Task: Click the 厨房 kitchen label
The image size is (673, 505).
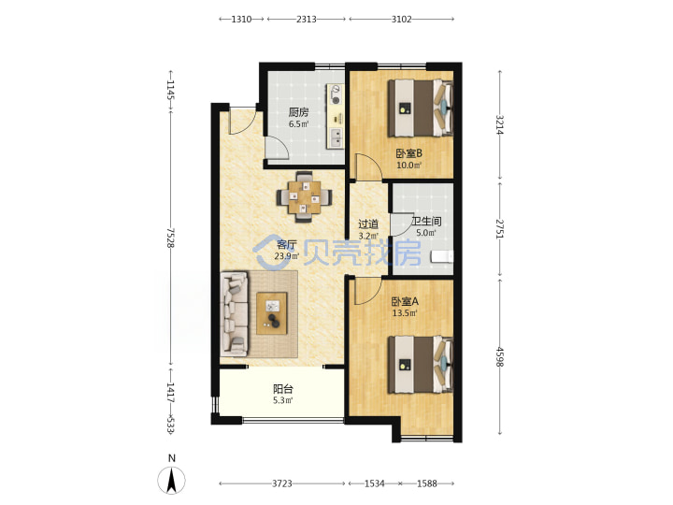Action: (298, 112)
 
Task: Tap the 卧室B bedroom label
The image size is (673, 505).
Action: (408, 152)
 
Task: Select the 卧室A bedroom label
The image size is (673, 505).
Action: (405, 301)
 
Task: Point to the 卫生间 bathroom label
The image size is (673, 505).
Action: (426, 221)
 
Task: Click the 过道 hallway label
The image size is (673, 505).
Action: (368, 224)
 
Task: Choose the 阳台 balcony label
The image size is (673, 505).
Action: (283, 389)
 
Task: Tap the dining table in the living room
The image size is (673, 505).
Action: (305, 197)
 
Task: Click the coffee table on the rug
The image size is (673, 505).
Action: (272, 313)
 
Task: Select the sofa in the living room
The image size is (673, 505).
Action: (235, 314)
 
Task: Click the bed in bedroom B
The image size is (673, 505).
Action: (421, 108)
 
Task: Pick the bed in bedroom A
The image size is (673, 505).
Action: (421, 365)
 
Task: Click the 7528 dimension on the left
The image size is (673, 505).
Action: (170, 238)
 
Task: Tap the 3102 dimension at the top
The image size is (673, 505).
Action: (401, 19)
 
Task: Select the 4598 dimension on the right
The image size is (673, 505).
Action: (499, 357)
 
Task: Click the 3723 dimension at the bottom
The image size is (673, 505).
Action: (282, 483)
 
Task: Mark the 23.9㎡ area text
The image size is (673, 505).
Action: (287, 256)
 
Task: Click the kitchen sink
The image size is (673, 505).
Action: (336, 137)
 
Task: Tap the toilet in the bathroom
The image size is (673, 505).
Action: (442, 257)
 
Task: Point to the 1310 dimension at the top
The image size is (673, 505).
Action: (241, 19)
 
